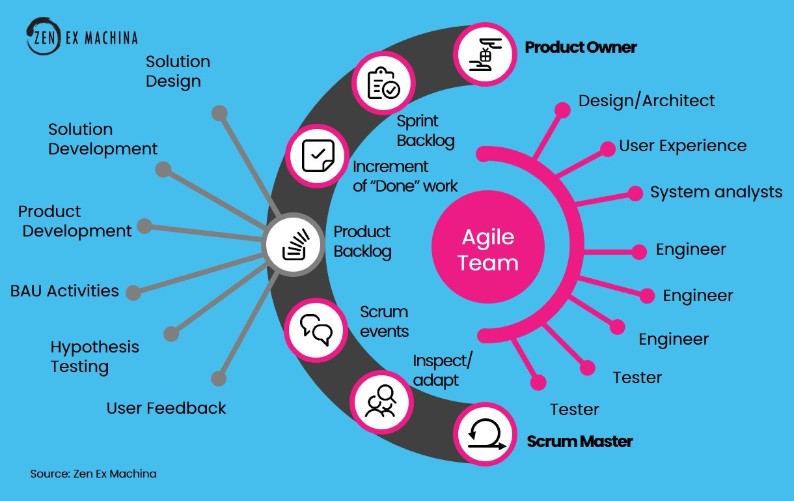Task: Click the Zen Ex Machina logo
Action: coord(82,36)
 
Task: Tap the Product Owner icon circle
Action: coord(486,55)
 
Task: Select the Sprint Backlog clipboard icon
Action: coord(383,83)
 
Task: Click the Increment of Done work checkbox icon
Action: coord(317,156)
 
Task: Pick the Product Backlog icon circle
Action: coord(293,244)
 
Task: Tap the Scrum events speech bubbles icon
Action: coord(316,330)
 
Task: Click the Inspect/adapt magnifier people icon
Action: coord(382,402)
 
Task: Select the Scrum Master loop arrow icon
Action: coord(486,434)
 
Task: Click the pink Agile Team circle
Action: coord(488,247)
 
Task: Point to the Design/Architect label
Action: coord(646,101)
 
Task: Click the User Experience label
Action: coord(683,146)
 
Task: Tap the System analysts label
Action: coord(716,193)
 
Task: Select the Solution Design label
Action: coord(178,71)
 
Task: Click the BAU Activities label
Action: coord(64,291)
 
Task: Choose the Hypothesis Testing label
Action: coord(94,356)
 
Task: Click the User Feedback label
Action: coord(166,408)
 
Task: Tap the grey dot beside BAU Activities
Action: coord(133,293)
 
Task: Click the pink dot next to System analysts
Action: coord(635,193)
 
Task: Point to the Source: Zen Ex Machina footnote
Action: coord(93,474)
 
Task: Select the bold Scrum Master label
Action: coord(579,442)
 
